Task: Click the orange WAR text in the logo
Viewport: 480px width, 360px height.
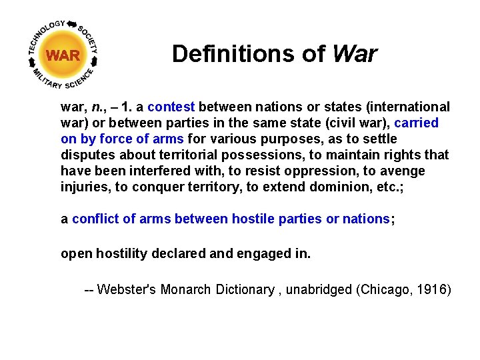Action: pyautogui.click(x=63, y=55)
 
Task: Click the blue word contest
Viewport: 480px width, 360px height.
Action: pyautogui.click(x=171, y=107)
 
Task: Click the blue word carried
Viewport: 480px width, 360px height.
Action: pyautogui.click(x=416, y=123)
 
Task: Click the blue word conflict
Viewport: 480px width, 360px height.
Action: pyautogui.click(x=94, y=219)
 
